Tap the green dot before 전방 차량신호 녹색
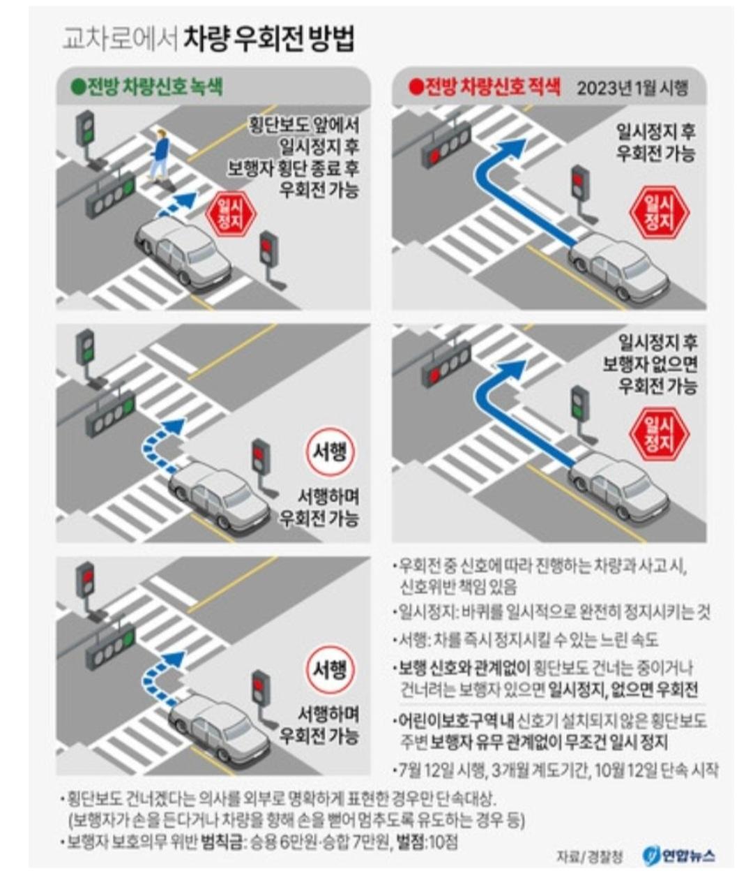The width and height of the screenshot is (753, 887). [x=79, y=88]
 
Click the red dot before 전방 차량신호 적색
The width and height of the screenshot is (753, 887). [x=415, y=88]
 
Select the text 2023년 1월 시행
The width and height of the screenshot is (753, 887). [x=632, y=89]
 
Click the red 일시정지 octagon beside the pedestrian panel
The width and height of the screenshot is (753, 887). [x=231, y=214]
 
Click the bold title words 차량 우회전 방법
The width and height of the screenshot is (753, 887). [x=269, y=40]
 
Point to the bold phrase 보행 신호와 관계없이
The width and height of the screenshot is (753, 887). [x=464, y=668]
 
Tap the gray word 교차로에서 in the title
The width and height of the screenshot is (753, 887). [x=120, y=40]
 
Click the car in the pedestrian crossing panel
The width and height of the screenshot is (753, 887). [x=183, y=253]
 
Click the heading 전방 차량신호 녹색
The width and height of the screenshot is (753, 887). [x=155, y=87]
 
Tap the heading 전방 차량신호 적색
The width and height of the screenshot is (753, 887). [x=492, y=87]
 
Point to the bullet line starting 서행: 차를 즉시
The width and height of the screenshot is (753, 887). [x=526, y=641]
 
